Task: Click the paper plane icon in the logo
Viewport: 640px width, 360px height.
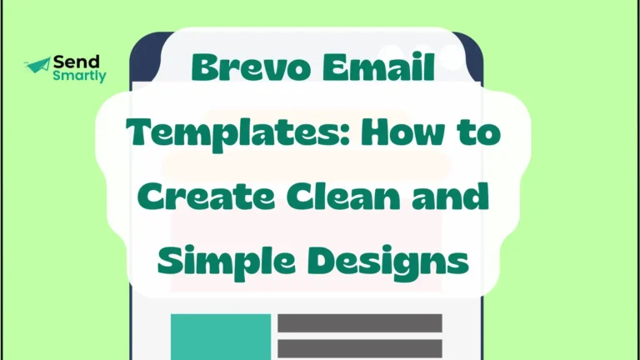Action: point(37,65)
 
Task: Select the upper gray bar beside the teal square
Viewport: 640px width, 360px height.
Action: point(359,323)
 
